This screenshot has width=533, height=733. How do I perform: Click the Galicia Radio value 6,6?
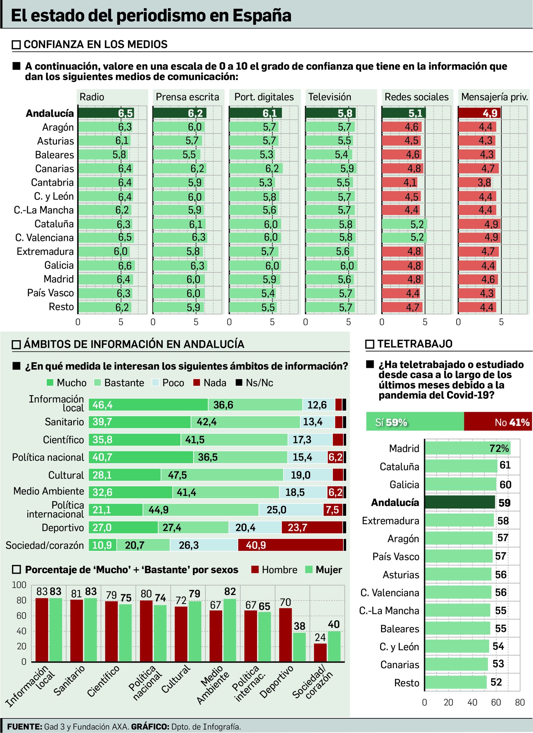coord(125,266)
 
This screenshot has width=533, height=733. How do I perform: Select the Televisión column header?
coord(329,97)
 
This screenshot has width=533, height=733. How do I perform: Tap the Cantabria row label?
coord(52,182)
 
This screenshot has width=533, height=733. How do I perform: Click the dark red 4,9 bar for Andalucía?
coord(479,113)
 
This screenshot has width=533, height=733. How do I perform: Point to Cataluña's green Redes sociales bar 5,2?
coord(404,224)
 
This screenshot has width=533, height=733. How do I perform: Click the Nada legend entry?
coord(210,383)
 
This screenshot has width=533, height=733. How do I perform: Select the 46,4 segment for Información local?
coord(148,405)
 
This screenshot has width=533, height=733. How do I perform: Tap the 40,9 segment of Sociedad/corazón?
coord(290,545)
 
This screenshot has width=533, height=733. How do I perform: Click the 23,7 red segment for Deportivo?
coord(312,528)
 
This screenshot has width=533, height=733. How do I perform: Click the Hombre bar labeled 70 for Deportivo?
coord(285,635)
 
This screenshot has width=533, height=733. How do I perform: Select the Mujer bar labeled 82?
coord(230,630)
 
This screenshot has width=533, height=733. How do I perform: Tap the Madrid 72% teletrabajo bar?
coord(467,449)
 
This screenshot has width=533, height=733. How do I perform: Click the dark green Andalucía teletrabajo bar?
coord(460,502)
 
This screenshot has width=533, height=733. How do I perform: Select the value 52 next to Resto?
coord(496,682)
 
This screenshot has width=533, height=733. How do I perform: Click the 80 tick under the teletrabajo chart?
coord(520,703)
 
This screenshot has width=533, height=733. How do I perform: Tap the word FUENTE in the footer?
coord(24,727)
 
